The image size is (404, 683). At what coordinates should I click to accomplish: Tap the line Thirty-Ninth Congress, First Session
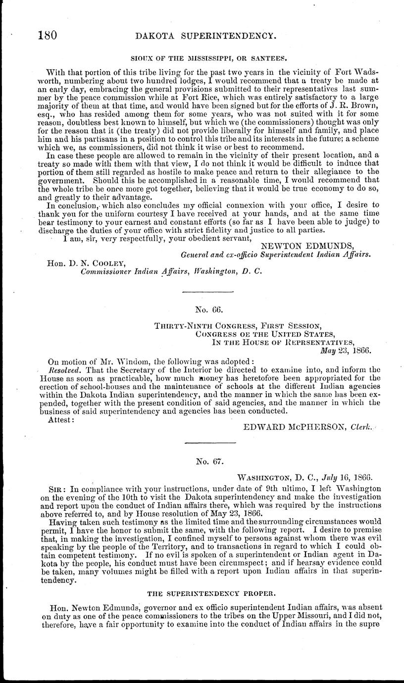tap(238, 325)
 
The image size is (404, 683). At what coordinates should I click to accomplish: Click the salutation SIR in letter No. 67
tap(60, 488)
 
